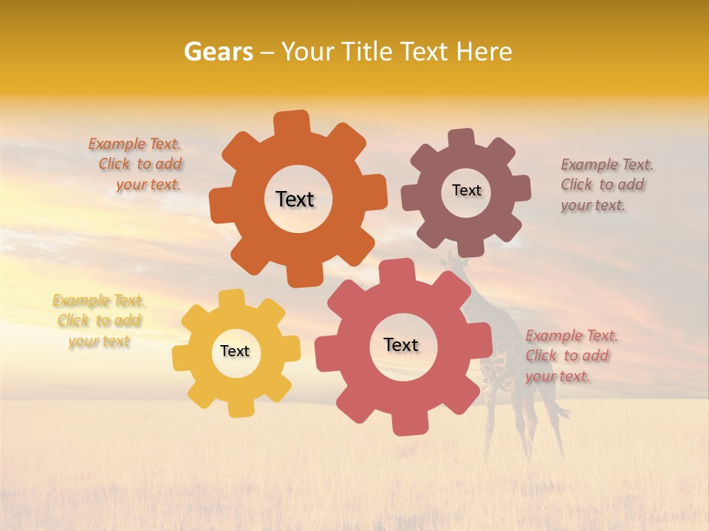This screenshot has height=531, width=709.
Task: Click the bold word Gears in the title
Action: pyautogui.click(x=217, y=52)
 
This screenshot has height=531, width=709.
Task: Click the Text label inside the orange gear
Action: pyautogui.click(x=295, y=199)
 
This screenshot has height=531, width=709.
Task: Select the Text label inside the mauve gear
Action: pyautogui.click(x=466, y=190)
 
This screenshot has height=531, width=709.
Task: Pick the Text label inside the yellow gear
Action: pyautogui.click(x=235, y=351)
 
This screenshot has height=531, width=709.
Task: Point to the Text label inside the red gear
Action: pyautogui.click(x=401, y=344)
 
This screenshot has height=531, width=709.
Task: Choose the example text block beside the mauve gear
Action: pyautogui.click(x=606, y=184)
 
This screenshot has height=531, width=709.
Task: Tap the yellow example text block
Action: pyautogui.click(x=99, y=321)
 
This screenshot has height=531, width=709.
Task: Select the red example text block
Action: pyautogui.click(x=571, y=355)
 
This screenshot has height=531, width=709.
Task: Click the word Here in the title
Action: pyautogui.click(x=484, y=52)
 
